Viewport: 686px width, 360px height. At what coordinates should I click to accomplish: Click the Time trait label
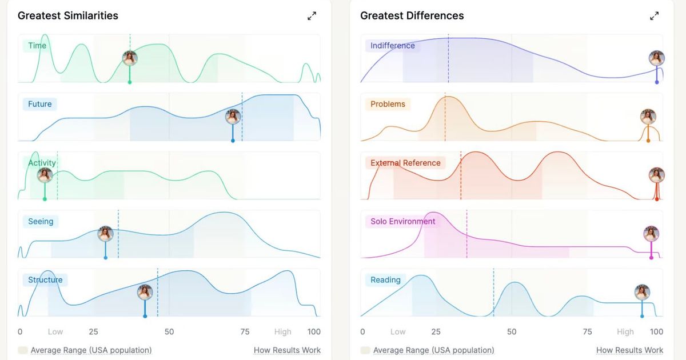pyautogui.click(x=37, y=46)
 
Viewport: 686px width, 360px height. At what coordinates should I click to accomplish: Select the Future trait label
pyautogui.click(x=40, y=104)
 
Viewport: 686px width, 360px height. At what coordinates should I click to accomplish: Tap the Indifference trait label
pyautogui.click(x=393, y=46)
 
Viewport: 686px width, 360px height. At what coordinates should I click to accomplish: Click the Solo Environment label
pyautogui.click(x=402, y=221)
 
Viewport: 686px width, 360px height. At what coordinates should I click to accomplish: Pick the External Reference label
pyautogui.click(x=405, y=163)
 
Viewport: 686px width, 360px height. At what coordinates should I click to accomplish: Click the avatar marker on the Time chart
pyautogui.click(x=130, y=58)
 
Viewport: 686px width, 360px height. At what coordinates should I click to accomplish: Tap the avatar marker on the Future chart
pyautogui.click(x=233, y=117)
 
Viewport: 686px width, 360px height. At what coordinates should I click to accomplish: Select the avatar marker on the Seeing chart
pyautogui.click(x=106, y=234)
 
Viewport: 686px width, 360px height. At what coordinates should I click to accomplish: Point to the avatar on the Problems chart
pyautogui.click(x=648, y=117)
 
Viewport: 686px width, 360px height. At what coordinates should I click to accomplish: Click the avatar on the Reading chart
pyautogui.click(x=642, y=293)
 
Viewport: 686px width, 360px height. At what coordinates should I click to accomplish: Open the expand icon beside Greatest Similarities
pyautogui.click(x=312, y=16)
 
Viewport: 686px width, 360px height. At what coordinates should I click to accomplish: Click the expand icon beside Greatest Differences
pyautogui.click(x=654, y=16)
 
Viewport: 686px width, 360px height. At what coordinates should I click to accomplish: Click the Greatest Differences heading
pyautogui.click(x=412, y=15)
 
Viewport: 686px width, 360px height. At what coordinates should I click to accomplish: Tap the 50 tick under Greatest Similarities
pyautogui.click(x=169, y=331)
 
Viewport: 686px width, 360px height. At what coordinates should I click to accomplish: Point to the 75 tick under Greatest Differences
pyautogui.click(x=588, y=331)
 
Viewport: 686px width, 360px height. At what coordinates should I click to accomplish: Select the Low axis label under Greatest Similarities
pyautogui.click(x=55, y=331)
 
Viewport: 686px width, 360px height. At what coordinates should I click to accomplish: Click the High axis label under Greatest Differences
pyautogui.click(x=625, y=331)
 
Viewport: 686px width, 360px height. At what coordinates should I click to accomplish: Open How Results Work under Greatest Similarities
pyautogui.click(x=287, y=350)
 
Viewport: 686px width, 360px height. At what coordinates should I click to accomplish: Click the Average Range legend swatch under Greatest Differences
pyautogui.click(x=365, y=350)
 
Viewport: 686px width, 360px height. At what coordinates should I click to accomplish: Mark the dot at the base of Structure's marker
pyautogui.click(x=145, y=316)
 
